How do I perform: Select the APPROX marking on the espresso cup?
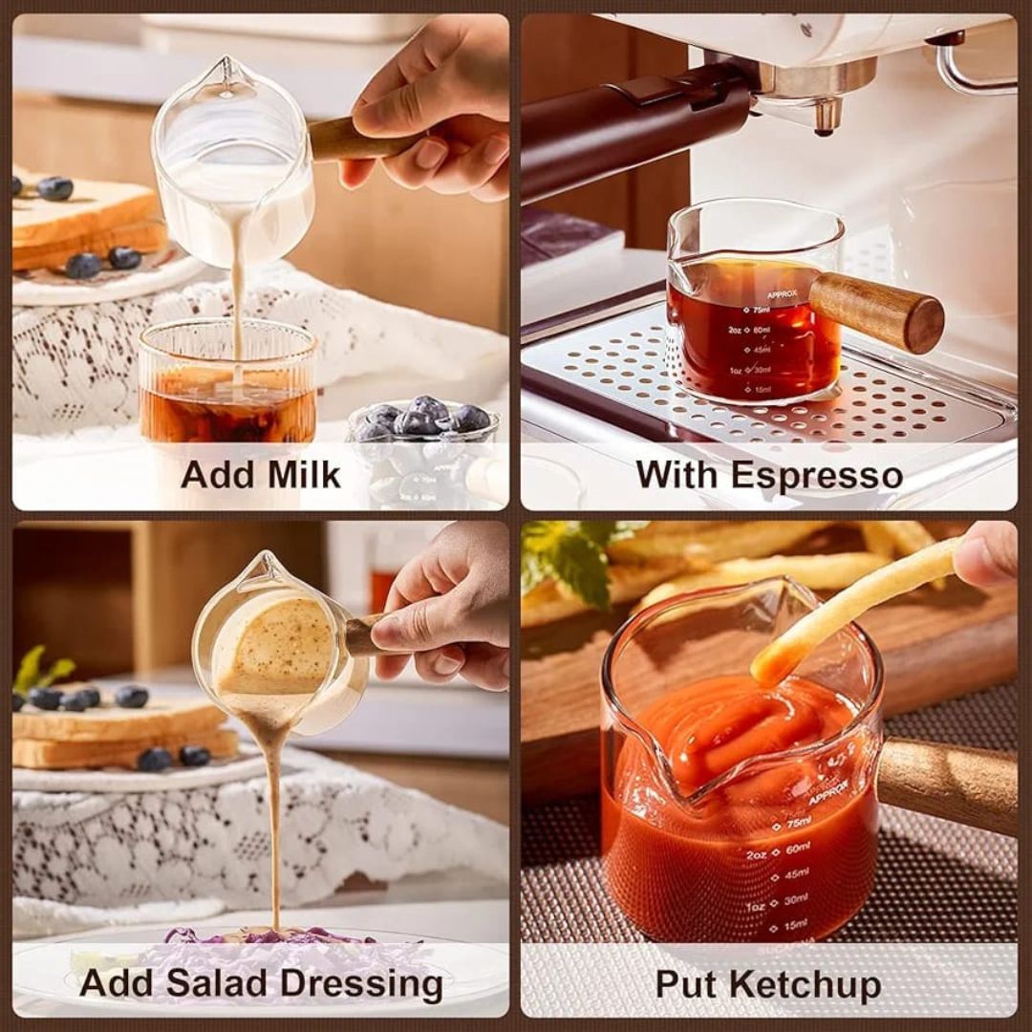[x=782, y=294]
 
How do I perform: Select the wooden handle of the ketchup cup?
[x=947, y=785]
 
